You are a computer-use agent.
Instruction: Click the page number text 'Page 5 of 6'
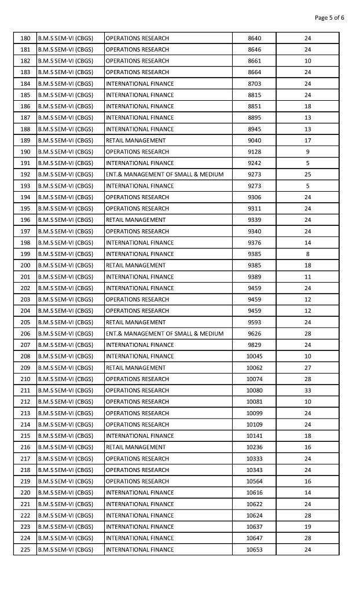(329, 17)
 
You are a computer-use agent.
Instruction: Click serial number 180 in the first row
(25, 38)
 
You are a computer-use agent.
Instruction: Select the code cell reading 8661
(254, 61)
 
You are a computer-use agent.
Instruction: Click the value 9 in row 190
(307, 152)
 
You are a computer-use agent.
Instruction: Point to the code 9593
(254, 322)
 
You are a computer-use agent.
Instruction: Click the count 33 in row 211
(307, 390)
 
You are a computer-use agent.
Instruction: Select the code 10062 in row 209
(254, 368)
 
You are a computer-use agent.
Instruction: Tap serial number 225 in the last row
(25, 550)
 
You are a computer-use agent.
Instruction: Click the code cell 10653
(254, 550)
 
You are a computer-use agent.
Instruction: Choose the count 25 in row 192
(307, 174)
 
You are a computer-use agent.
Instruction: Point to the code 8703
(254, 83)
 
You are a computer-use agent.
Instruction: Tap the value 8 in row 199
(307, 254)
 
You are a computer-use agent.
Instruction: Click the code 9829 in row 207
(254, 345)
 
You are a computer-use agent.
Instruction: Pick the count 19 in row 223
(307, 526)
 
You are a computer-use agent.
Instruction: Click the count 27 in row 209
(307, 368)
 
